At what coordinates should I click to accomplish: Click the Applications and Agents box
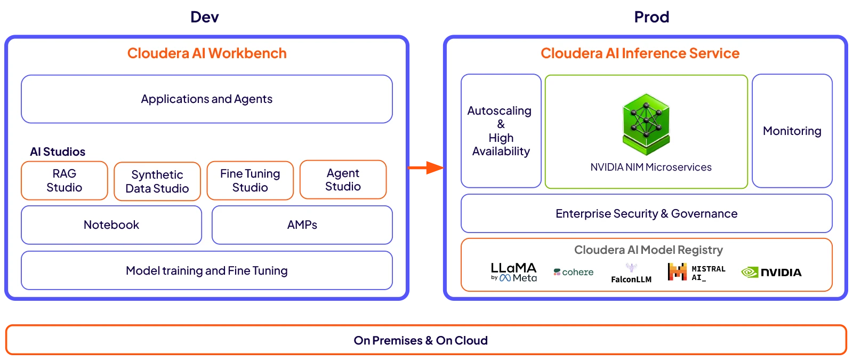[207, 99]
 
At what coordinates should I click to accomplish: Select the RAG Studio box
[65, 181]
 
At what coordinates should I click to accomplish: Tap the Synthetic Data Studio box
[157, 181]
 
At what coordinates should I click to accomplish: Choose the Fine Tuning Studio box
[250, 181]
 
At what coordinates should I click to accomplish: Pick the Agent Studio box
[343, 180]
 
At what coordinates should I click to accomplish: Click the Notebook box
[111, 225]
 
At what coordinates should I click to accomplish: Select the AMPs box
[302, 225]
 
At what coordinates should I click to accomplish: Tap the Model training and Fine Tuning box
[207, 271]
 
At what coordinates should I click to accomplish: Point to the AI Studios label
[58, 152]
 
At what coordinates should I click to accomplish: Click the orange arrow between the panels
[426, 167]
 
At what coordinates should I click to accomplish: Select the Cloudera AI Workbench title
[207, 53]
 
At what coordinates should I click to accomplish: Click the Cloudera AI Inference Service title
[640, 53]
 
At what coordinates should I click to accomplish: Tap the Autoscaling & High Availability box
[501, 131]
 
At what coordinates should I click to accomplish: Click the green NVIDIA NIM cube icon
[646, 124]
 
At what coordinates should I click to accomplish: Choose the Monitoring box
[792, 131]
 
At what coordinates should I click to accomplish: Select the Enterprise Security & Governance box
[646, 214]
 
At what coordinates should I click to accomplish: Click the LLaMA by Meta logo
[513, 271]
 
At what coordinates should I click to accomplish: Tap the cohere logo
[574, 272]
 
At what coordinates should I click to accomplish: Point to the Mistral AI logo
[696, 272]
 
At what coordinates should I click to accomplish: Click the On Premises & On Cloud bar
[421, 340]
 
